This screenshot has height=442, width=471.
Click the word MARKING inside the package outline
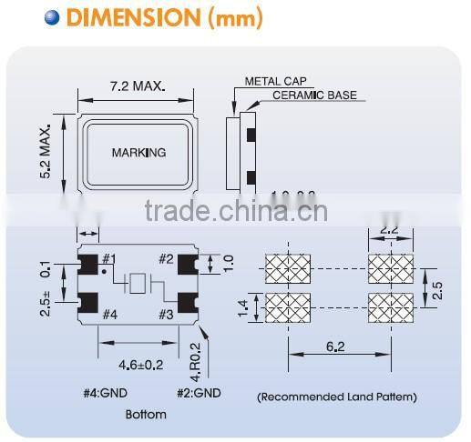(x=138, y=152)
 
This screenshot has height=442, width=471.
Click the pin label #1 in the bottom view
(x=108, y=259)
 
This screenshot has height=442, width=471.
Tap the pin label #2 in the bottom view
(x=167, y=259)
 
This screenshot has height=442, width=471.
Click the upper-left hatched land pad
(x=286, y=269)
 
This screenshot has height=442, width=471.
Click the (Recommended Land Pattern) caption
(x=336, y=397)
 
